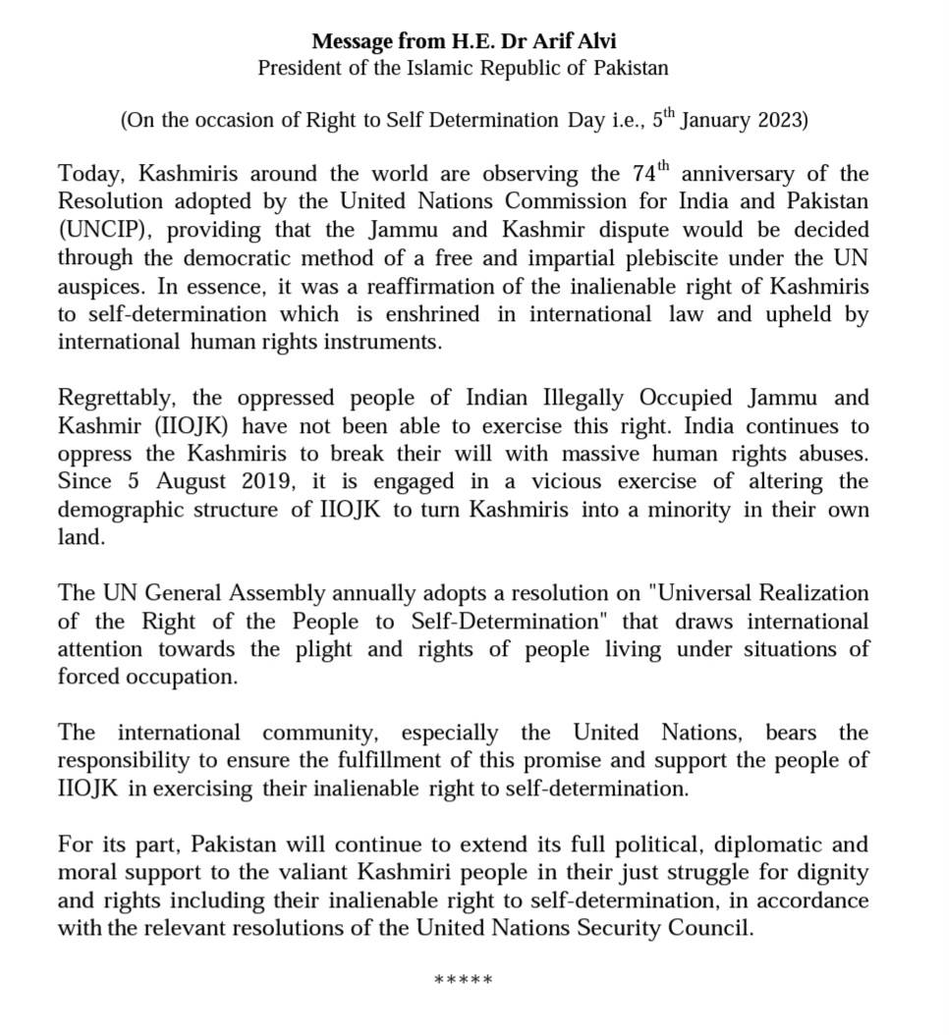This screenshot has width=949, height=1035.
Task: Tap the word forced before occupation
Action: click(x=86, y=677)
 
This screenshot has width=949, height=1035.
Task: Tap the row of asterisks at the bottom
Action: click(x=463, y=980)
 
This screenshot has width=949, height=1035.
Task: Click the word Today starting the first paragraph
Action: click(x=89, y=175)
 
